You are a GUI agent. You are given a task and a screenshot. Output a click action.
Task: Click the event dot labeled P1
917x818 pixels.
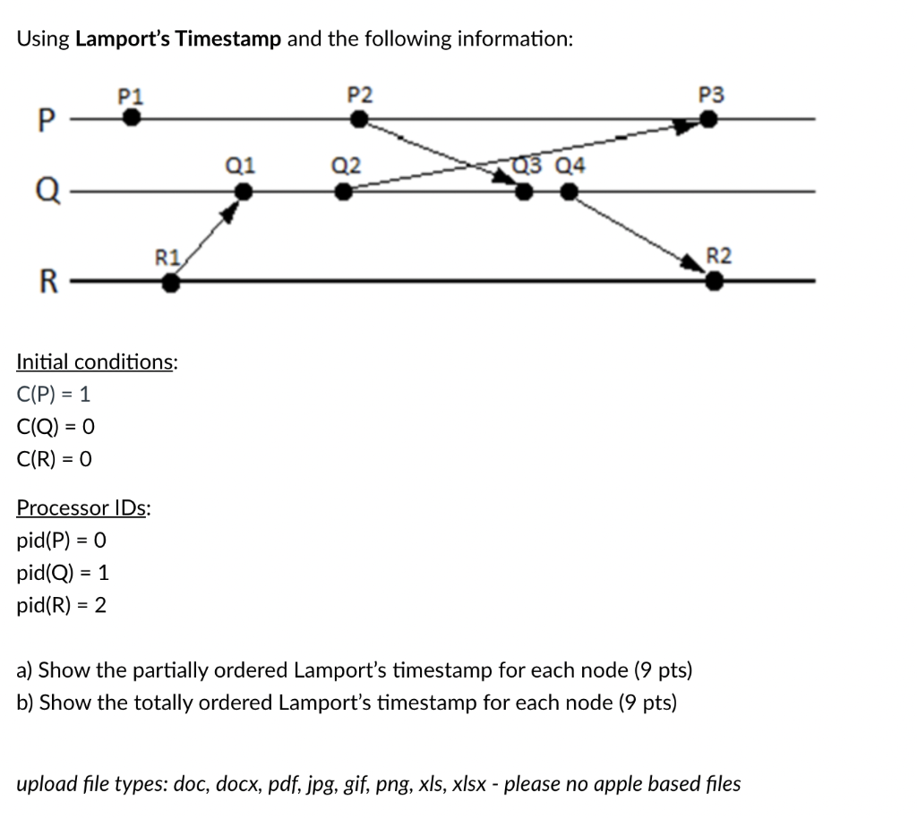point(132,118)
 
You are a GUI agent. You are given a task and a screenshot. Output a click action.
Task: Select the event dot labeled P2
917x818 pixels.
point(360,118)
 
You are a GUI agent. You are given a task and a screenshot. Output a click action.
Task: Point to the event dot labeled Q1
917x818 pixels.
point(242,192)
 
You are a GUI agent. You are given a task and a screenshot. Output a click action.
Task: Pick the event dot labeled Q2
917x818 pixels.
point(343,192)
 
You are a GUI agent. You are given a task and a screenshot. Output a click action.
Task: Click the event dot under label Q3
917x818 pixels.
point(524,192)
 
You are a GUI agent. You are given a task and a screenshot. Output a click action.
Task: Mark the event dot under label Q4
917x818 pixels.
point(569,192)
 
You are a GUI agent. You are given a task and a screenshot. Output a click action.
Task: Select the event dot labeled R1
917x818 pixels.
point(170,283)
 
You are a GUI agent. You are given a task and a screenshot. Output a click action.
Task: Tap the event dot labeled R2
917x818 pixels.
point(714,282)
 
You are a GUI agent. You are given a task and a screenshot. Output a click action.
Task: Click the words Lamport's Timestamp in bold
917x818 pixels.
point(179,38)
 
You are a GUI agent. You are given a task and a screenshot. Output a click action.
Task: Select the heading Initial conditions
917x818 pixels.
point(97,362)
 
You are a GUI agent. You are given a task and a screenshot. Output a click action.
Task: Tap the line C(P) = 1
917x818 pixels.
point(54,394)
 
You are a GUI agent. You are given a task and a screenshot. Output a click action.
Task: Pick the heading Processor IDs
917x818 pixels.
point(83,508)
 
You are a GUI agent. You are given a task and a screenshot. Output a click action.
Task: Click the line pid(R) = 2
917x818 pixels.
point(62,606)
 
